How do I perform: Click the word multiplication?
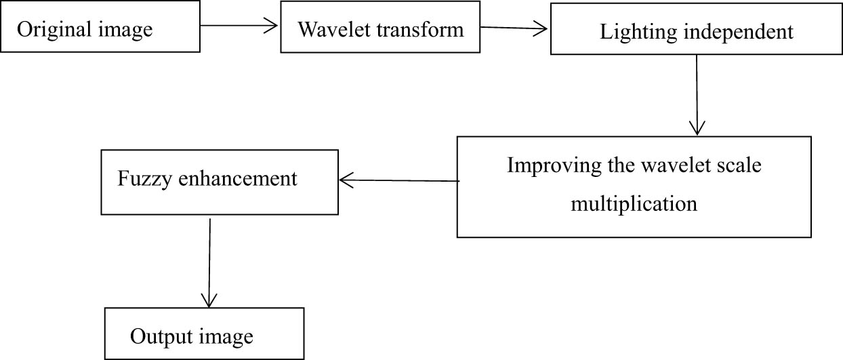634,203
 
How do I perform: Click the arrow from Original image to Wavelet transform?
240,26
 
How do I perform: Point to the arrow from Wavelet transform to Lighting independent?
514,28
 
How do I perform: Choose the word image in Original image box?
125,30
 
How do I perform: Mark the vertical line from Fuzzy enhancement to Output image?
210,258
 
